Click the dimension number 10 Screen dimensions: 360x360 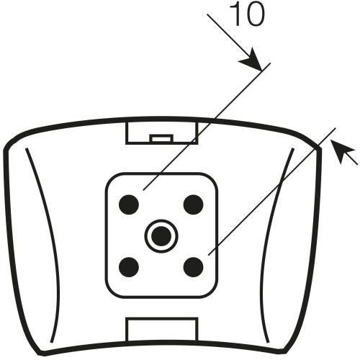[x=247, y=14]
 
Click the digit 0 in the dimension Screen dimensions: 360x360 [x=255, y=14]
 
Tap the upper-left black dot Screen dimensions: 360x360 [x=129, y=204]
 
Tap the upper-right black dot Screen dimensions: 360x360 [x=193, y=204]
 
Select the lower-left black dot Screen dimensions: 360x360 [x=129, y=267]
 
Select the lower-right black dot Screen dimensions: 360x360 [x=193, y=267]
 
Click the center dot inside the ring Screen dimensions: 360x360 [x=161, y=236]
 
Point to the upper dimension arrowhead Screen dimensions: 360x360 [x=252, y=60]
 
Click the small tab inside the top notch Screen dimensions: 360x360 [x=161, y=138]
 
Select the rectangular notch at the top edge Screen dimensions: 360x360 [x=162, y=133]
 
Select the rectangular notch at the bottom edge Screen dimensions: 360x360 [x=162, y=330]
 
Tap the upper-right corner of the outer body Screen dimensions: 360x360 [x=320, y=148]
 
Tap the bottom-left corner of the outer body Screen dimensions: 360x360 [x=40, y=354]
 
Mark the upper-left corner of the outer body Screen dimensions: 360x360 [x=5, y=150]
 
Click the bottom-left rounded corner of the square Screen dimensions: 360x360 [x=111, y=293]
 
